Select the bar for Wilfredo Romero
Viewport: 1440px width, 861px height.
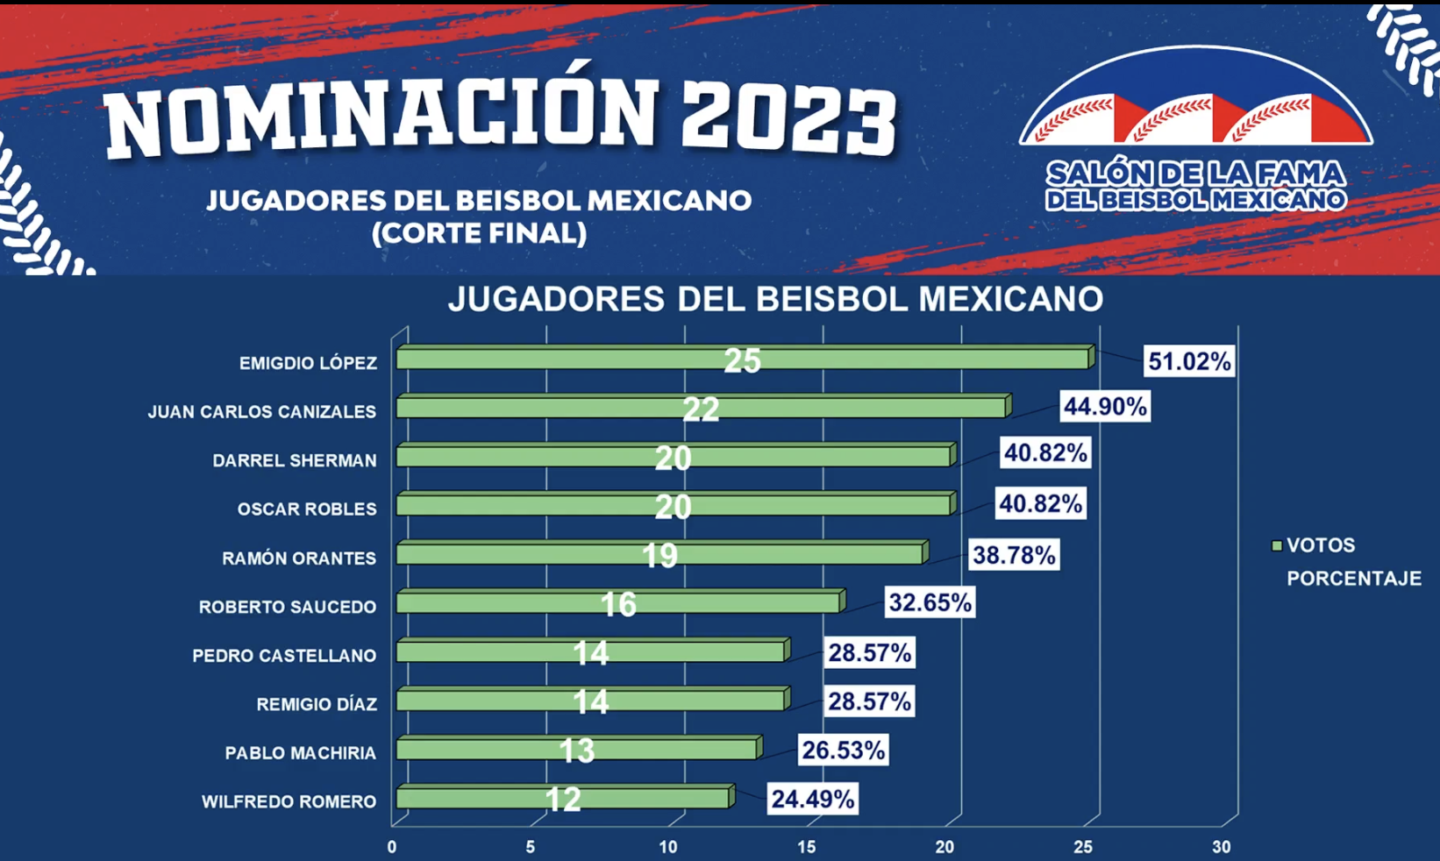563,798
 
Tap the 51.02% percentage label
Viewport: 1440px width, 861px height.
1189,361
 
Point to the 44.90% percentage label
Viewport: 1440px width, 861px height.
1105,407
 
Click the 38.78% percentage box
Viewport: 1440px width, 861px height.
1014,555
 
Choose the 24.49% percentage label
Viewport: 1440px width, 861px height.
812,799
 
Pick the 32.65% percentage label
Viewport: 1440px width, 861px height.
930,603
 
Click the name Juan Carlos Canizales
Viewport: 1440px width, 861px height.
261,412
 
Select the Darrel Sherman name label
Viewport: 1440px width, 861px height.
294,460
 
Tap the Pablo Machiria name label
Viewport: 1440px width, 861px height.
300,753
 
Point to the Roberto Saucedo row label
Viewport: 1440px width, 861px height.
287,607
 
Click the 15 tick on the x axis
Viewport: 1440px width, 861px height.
806,847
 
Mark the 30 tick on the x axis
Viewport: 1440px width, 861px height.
1221,847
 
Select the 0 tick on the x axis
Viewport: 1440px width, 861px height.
392,847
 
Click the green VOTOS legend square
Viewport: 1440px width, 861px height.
1277,545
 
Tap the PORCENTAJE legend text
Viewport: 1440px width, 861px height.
1353,579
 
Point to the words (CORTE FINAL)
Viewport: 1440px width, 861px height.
479,233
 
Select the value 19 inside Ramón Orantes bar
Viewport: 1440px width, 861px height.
659,555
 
